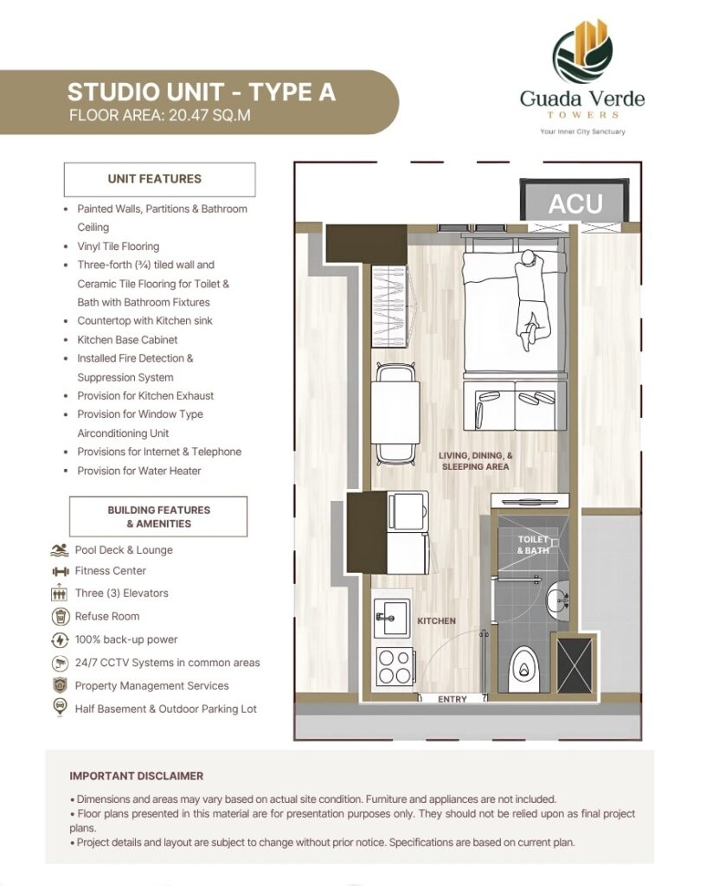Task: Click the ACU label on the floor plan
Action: coord(575,203)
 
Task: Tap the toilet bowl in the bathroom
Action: coord(526,669)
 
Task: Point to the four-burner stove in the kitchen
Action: coord(395,667)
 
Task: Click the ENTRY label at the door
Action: coord(452,699)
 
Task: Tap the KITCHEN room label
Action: coord(436,621)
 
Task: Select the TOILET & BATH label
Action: coord(533,545)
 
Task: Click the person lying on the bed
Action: coord(531,299)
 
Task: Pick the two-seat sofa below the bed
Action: coord(515,405)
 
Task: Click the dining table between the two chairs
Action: coord(395,413)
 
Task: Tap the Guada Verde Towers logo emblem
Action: coord(581,51)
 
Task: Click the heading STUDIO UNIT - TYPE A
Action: coord(202,92)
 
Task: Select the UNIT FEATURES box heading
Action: coord(154,178)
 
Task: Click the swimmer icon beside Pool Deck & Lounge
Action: coord(60,549)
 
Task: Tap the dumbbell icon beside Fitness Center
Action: coord(60,572)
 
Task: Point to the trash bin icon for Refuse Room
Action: coord(60,616)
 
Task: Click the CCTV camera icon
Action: coord(60,663)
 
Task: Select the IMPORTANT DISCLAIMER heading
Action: coord(136,776)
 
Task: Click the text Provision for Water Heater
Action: coord(139,471)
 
